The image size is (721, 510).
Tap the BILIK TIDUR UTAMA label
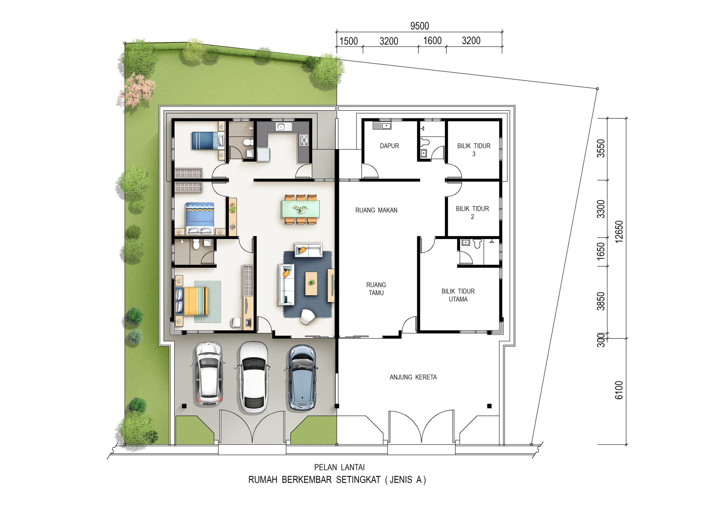coord(458,295)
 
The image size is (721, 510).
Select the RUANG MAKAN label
coord(376,210)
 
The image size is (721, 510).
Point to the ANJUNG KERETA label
coord(413,377)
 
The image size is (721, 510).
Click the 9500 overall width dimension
coord(420,26)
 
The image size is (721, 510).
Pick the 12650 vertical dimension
coord(619,232)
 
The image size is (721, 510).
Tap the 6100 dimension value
coord(619,390)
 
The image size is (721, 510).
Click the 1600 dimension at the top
coord(432,41)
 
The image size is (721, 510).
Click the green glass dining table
coord(300,209)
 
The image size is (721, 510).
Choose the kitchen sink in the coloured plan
coord(284,127)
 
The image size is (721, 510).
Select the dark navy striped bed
coord(208,141)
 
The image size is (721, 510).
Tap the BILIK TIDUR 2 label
coord(472,212)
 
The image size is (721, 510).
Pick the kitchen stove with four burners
coord(304,140)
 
